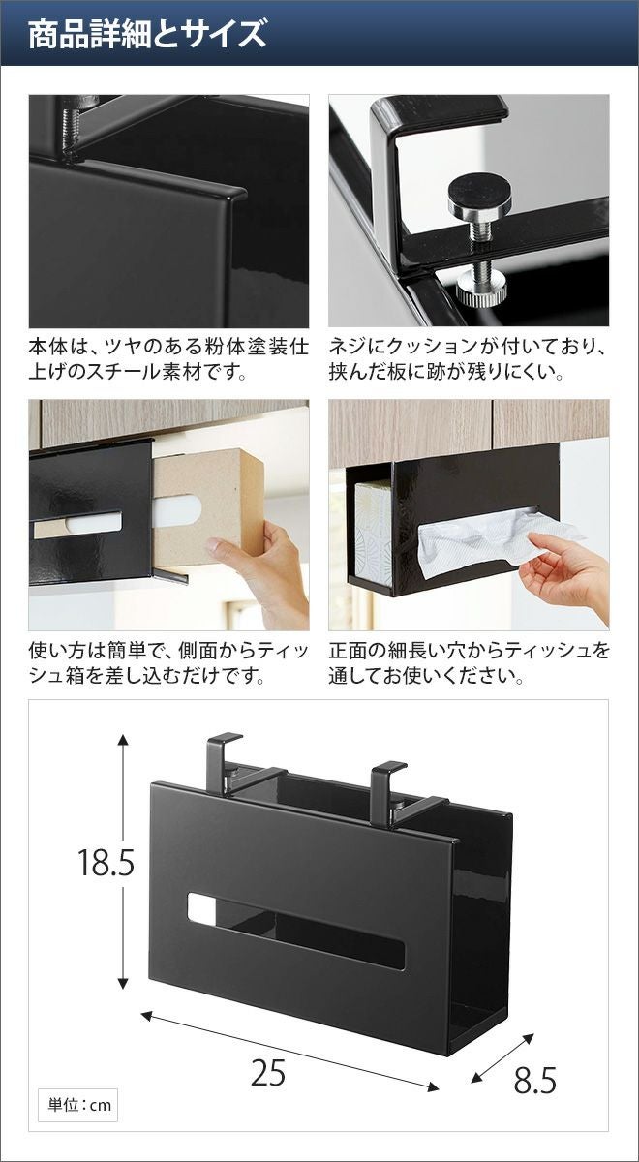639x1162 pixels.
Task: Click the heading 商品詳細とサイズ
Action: [147, 34]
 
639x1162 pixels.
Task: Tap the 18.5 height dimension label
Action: [106, 862]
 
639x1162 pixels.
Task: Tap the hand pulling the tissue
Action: [565, 569]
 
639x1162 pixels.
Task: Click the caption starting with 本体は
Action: [168, 359]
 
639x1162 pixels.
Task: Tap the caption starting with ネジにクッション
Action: [468, 359]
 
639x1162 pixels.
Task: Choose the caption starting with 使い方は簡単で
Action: [168, 662]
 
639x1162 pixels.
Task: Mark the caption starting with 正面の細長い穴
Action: [469, 662]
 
